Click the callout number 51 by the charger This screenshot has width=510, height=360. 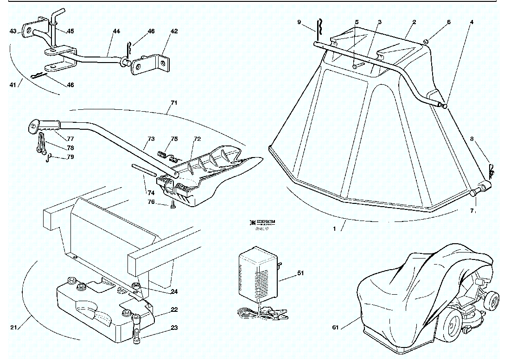pos(300,273)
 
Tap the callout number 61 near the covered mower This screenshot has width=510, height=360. pos(335,328)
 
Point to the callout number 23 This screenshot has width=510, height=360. pos(174,328)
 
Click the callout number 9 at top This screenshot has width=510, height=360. pos(299,22)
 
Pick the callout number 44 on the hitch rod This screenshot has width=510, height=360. pos(116,31)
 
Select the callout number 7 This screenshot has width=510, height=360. pos(472,211)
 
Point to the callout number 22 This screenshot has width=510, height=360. pos(174,309)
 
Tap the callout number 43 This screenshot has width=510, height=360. pos(13,31)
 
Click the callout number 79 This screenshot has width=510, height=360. pos(70,157)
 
